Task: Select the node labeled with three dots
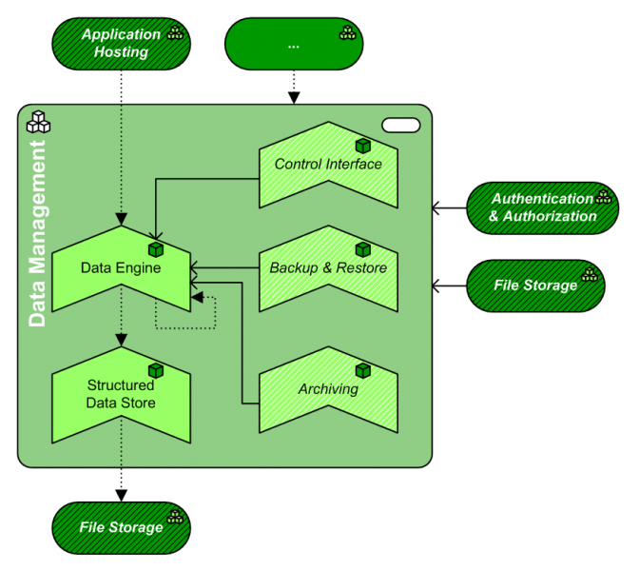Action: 294,44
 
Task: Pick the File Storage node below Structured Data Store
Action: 120,526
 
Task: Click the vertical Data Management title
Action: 37,234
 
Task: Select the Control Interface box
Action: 328,165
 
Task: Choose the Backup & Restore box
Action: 328,268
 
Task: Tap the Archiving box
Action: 328,389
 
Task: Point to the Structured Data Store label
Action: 121,395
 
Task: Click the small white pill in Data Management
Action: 400,124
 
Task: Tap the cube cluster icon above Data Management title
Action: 38,122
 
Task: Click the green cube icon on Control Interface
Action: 362,146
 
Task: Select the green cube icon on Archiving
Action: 362,370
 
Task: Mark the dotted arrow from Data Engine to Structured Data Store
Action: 121,324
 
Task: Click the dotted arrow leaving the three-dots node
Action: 294,88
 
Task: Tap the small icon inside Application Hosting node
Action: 176,33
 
